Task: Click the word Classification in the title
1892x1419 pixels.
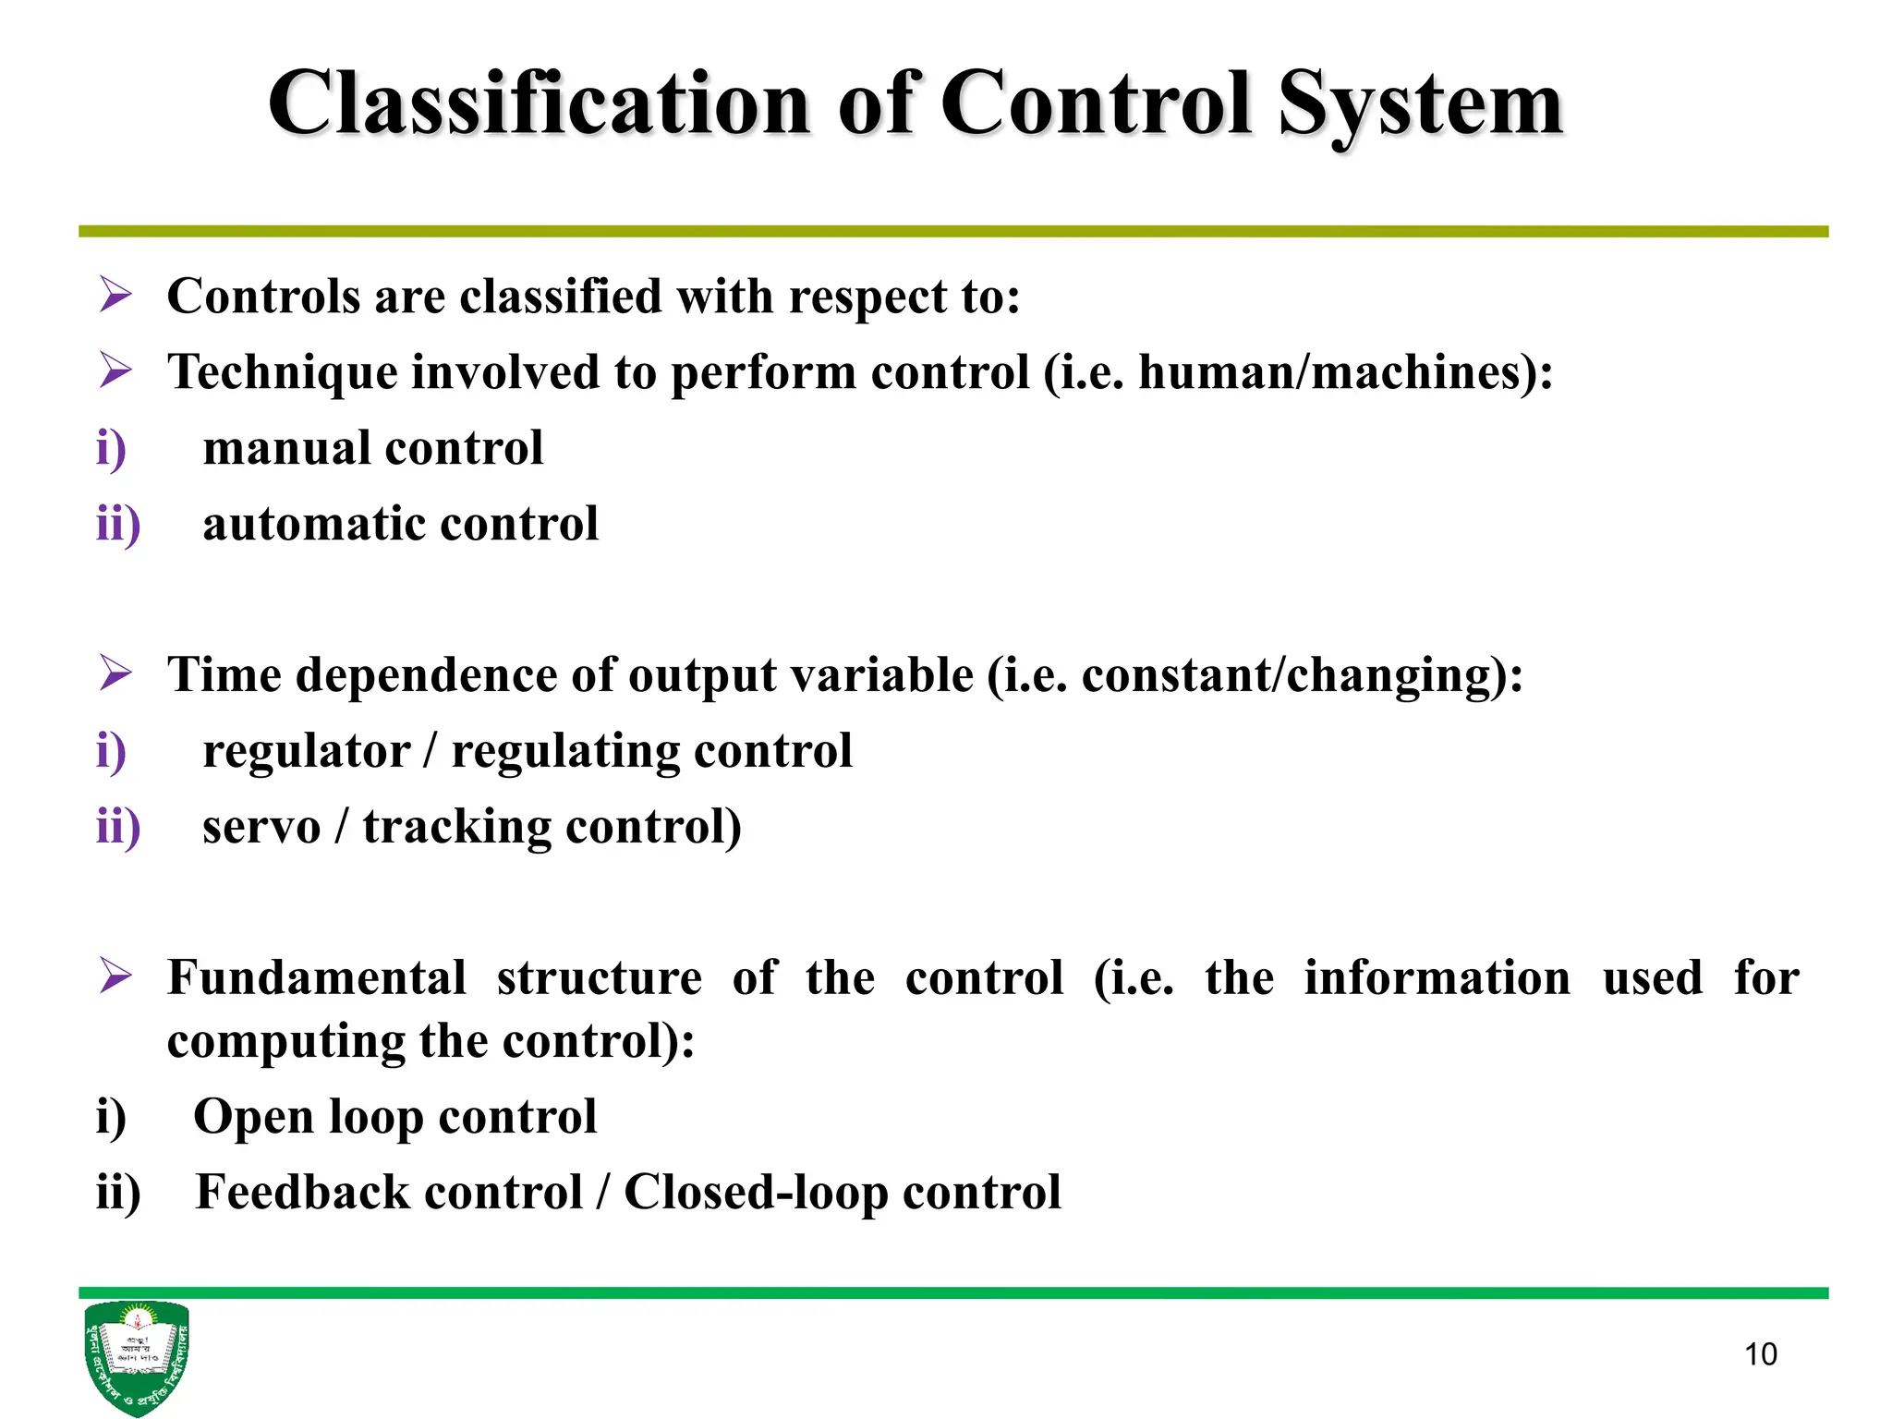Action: click(539, 103)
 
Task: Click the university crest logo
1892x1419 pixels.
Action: click(136, 1355)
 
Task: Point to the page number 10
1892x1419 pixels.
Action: click(1760, 1354)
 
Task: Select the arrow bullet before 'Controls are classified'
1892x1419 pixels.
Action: click(115, 296)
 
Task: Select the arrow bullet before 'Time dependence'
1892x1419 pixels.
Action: click(115, 673)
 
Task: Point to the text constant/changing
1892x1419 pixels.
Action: click(1288, 675)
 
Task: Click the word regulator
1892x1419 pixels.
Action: click(306, 751)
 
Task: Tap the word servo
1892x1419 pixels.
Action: click(261, 826)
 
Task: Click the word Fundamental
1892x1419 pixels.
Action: click(316, 977)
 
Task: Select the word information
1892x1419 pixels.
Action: click(1437, 977)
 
